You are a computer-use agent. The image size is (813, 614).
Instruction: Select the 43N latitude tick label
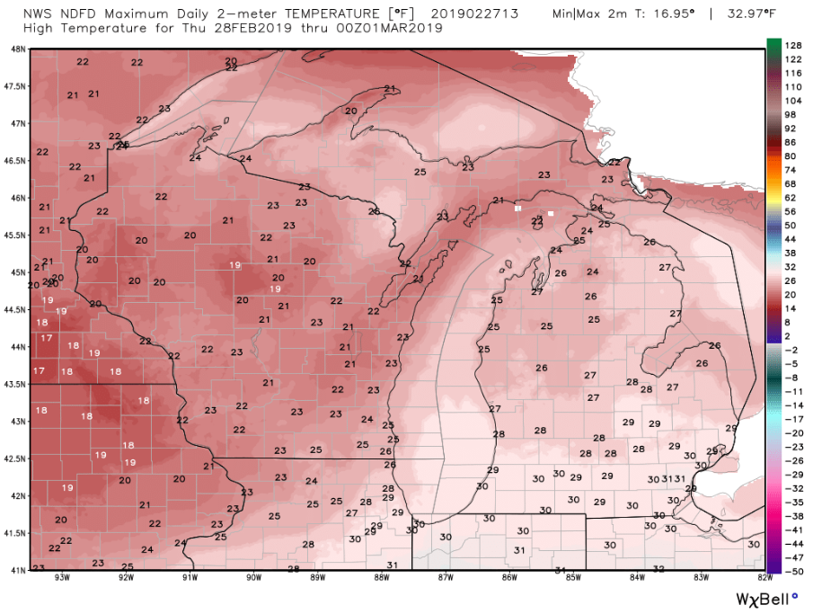[17, 421]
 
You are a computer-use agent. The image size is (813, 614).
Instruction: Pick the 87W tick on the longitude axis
[445, 577]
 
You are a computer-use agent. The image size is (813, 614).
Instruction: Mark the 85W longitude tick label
[573, 577]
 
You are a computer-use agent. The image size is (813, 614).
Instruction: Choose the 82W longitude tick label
[764, 577]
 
